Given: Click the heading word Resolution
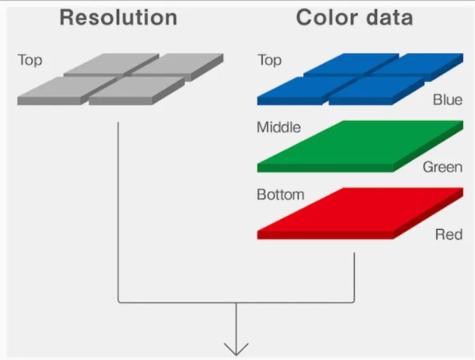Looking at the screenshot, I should (x=118, y=17).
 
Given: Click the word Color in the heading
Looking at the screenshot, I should (x=327, y=17).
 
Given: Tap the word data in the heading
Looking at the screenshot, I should (x=389, y=17).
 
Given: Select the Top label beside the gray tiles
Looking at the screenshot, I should (x=30, y=61).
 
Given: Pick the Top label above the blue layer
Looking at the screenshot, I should (x=269, y=61).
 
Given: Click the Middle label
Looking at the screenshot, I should (x=279, y=127).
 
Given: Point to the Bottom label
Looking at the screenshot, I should (x=281, y=194).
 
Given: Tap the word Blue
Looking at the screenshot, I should (x=447, y=100).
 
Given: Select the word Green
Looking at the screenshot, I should (x=442, y=167).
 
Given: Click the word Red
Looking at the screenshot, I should (x=449, y=234).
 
